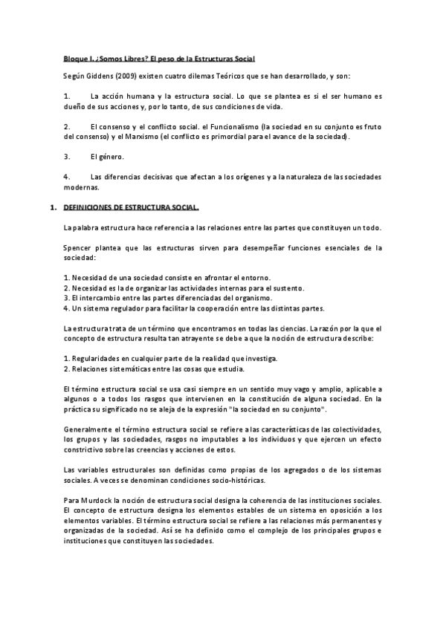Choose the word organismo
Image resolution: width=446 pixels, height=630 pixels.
[x=239, y=298]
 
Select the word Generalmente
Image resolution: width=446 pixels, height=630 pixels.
[x=91, y=431]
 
